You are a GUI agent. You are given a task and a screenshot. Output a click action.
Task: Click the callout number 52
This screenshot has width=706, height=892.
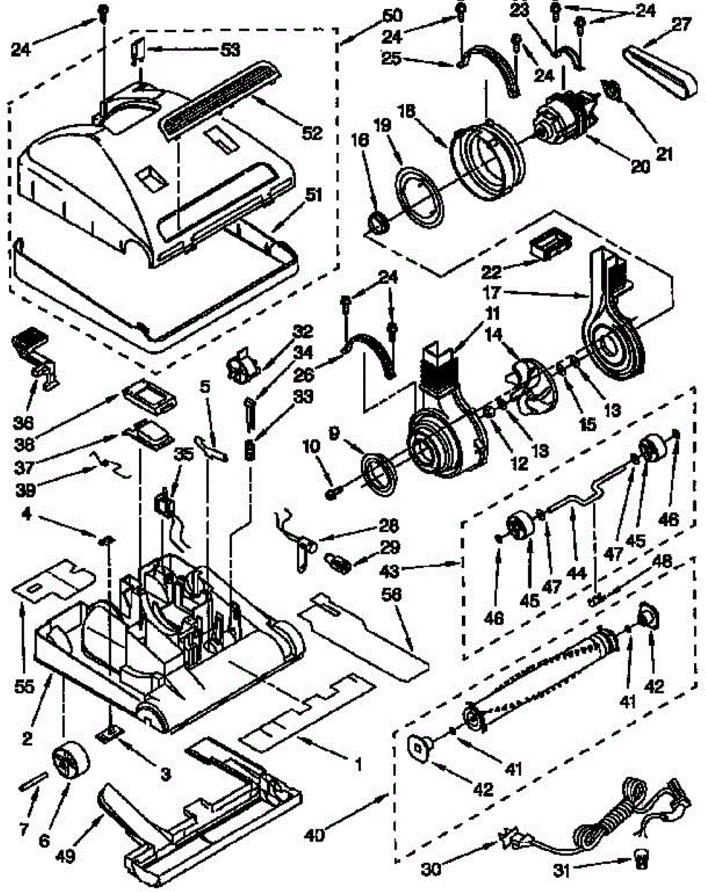click(312, 134)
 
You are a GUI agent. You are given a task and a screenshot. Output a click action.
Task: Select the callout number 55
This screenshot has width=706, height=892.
click(25, 688)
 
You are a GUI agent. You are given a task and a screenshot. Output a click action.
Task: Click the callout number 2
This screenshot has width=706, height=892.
click(27, 738)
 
